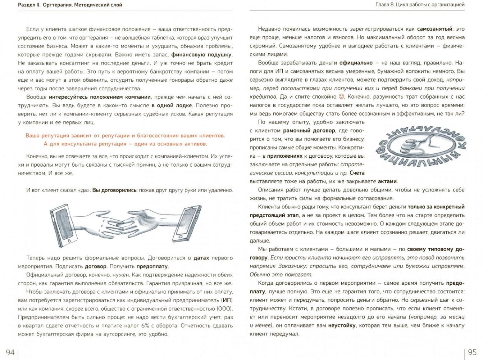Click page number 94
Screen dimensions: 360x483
click(10, 352)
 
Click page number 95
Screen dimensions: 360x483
click(472, 352)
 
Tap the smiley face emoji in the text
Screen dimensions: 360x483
click(342, 96)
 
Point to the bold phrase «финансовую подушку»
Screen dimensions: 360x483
click(201, 55)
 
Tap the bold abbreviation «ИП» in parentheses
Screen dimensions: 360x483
click(227, 300)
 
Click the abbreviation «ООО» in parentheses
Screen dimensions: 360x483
click(224, 309)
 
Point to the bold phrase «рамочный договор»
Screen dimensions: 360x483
click(309, 131)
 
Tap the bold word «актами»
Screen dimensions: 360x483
click(387, 181)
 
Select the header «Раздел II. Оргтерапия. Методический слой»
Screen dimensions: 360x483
click(70, 5)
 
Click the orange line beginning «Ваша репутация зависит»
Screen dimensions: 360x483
click(125, 136)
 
